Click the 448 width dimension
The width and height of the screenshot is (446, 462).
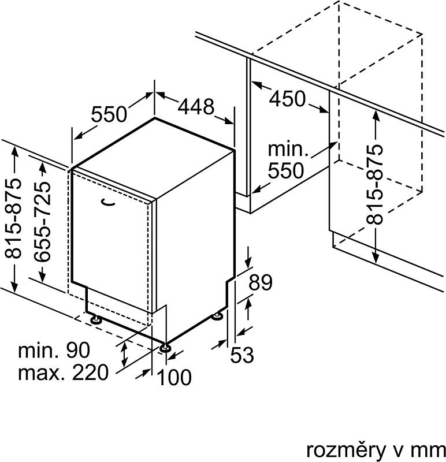(196, 106)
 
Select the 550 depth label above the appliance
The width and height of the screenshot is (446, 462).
(109, 114)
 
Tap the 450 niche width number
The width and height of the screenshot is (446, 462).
(287, 99)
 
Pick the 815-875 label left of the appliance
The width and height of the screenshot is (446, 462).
(13, 218)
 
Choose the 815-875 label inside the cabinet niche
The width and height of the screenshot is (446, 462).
(374, 184)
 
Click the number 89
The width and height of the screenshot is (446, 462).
(261, 282)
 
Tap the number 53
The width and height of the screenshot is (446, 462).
(241, 355)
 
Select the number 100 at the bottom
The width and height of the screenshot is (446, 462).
(174, 377)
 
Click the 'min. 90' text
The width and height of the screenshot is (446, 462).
(54, 351)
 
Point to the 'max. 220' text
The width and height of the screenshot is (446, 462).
(64, 372)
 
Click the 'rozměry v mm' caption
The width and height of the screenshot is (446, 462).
(376, 450)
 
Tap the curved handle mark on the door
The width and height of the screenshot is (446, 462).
(107, 202)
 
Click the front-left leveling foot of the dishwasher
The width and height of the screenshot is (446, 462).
(95, 320)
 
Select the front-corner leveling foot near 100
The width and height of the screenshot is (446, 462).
(165, 348)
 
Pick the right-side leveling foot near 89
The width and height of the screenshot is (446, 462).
(218, 316)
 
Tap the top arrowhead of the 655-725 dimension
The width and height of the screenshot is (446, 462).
(43, 167)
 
